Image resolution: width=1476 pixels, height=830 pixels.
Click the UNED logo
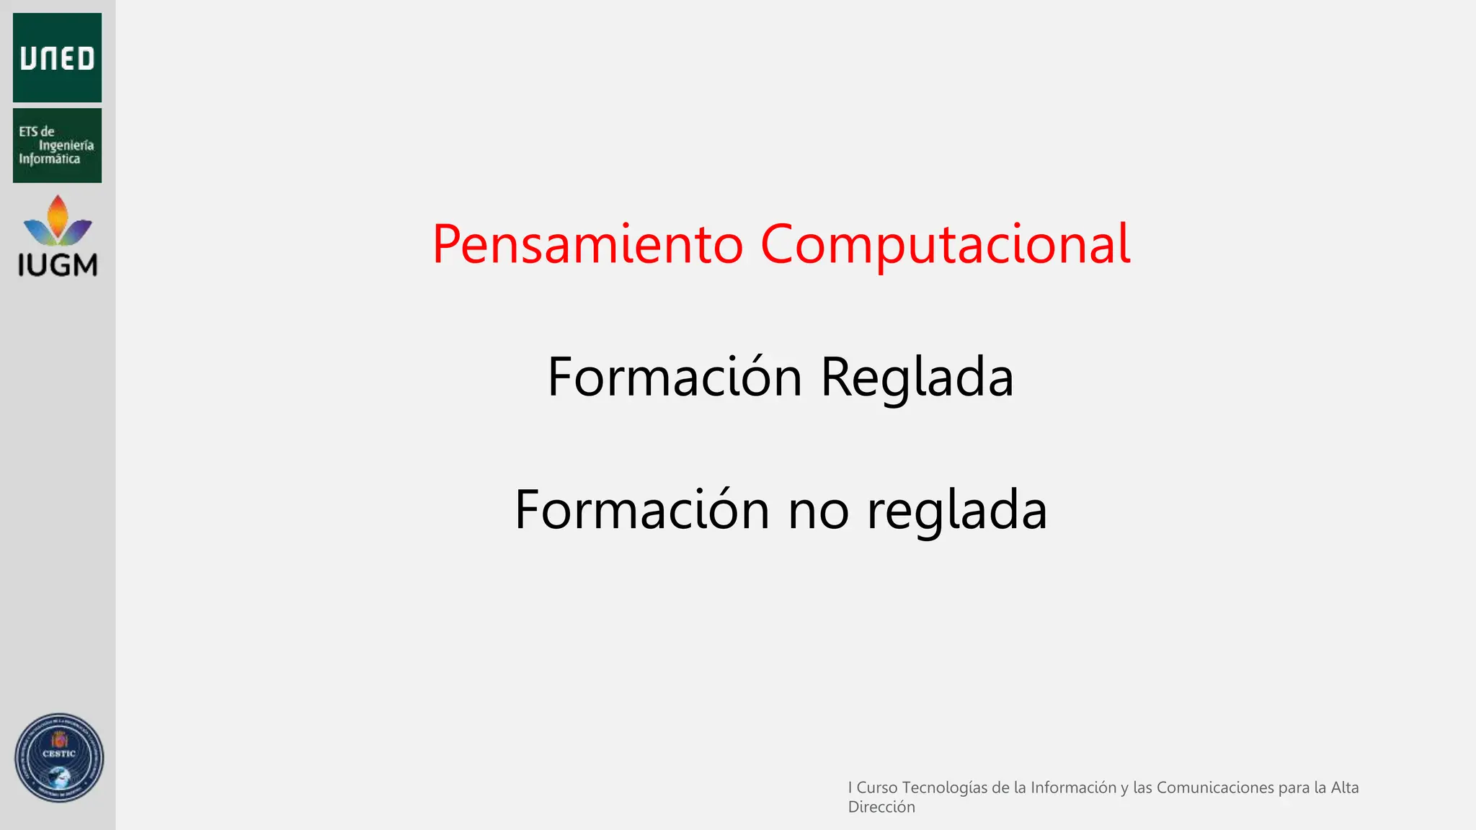[57, 58]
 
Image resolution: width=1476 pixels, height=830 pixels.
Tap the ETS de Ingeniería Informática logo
[57, 146]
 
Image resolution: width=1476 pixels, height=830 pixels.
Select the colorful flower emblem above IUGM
[58, 221]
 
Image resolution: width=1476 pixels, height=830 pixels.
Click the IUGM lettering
[58, 265]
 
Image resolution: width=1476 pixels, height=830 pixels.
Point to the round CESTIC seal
[59, 758]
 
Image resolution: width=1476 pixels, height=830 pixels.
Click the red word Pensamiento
[587, 245]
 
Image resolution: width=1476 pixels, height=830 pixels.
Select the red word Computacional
[945, 245]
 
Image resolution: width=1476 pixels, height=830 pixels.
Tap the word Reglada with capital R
[917, 378]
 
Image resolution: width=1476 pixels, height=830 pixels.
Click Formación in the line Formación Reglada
[675, 378]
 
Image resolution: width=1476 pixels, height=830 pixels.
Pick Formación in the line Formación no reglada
[642, 510]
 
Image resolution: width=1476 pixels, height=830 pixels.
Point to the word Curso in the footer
[877, 787]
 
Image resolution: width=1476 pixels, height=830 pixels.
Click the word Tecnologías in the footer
[945, 788]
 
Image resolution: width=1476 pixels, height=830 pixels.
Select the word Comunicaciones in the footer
[1215, 787]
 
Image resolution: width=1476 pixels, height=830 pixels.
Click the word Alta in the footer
[1345, 787]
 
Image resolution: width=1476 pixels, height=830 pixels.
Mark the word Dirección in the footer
[881, 807]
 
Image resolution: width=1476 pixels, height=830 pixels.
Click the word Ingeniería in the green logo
[66, 146]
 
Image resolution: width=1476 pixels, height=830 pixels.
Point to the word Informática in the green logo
[49, 159]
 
